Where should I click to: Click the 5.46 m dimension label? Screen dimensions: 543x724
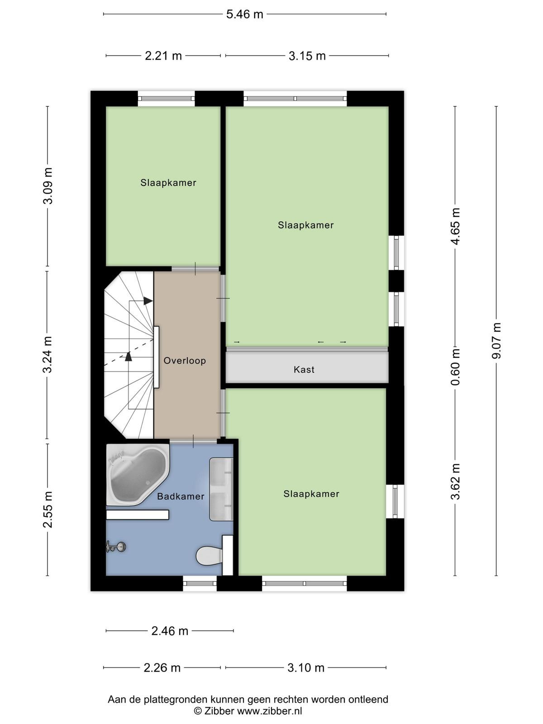coord(245,14)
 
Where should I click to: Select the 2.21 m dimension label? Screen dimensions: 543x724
coord(163,56)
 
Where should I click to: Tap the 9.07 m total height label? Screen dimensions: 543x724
coord(496,341)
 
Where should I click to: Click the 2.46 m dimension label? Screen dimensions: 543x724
coord(170,631)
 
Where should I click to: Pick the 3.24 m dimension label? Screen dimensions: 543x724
coord(48,355)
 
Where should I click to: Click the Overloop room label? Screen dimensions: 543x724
coord(185,361)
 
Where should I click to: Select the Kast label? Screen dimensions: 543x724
coord(304,369)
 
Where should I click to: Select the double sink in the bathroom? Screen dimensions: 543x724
coord(221,489)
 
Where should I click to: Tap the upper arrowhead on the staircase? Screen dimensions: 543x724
coord(148,301)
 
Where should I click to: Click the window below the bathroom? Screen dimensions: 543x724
coord(200,583)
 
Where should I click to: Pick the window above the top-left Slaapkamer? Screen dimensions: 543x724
coord(166,98)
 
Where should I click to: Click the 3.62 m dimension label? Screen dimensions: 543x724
coord(455,481)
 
